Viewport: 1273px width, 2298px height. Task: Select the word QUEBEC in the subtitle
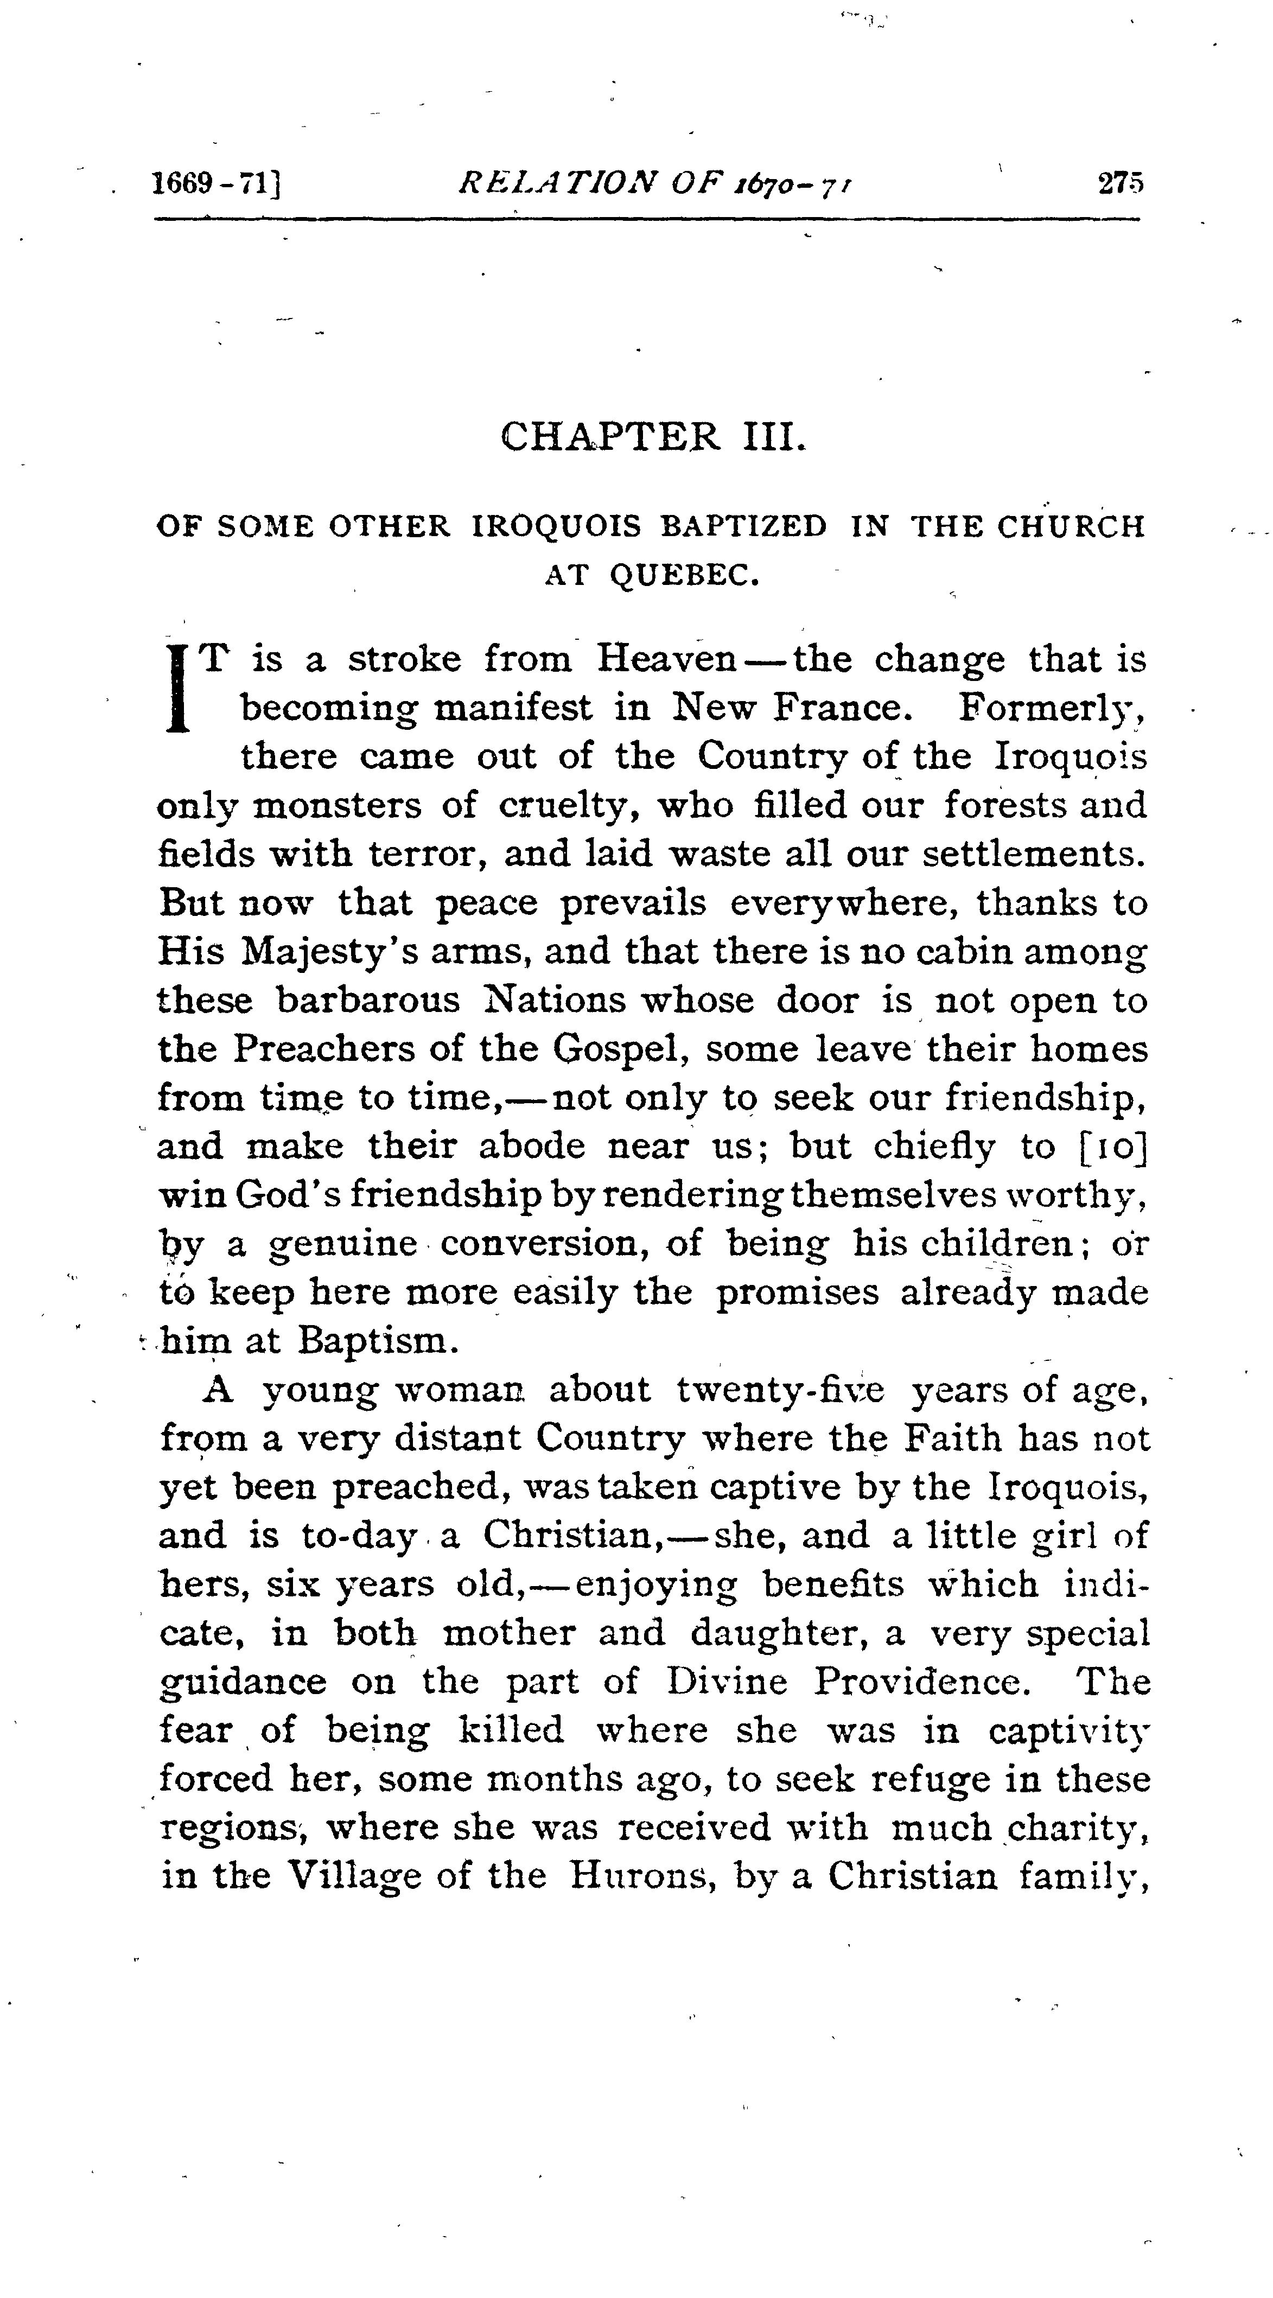coord(684,575)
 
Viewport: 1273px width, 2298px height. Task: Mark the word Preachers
coord(324,1049)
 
